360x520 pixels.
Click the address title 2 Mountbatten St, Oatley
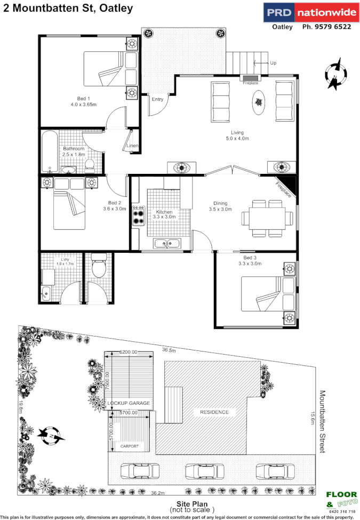pyautogui.click(x=68, y=9)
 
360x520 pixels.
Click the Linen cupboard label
pyautogui.click(x=133, y=146)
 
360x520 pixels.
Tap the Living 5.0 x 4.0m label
pyautogui.click(x=237, y=135)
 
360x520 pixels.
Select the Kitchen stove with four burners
pyautogui.click(x=139, y=215)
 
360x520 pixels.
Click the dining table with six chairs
pyautogui.click(x=267, y=218)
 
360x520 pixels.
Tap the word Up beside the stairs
pyautogui.click(x=273, y=63)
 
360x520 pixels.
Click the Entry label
pyautogui.click(x=157, y=99)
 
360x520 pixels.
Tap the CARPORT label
pyautogui.click(x=130, y=446)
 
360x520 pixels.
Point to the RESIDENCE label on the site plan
pyautogui.click(x=214, y=412)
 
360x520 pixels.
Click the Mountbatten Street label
pyautogui.click(x=322, y=421)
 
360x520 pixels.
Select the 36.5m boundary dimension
pyautogui.click(x=169, y=350)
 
